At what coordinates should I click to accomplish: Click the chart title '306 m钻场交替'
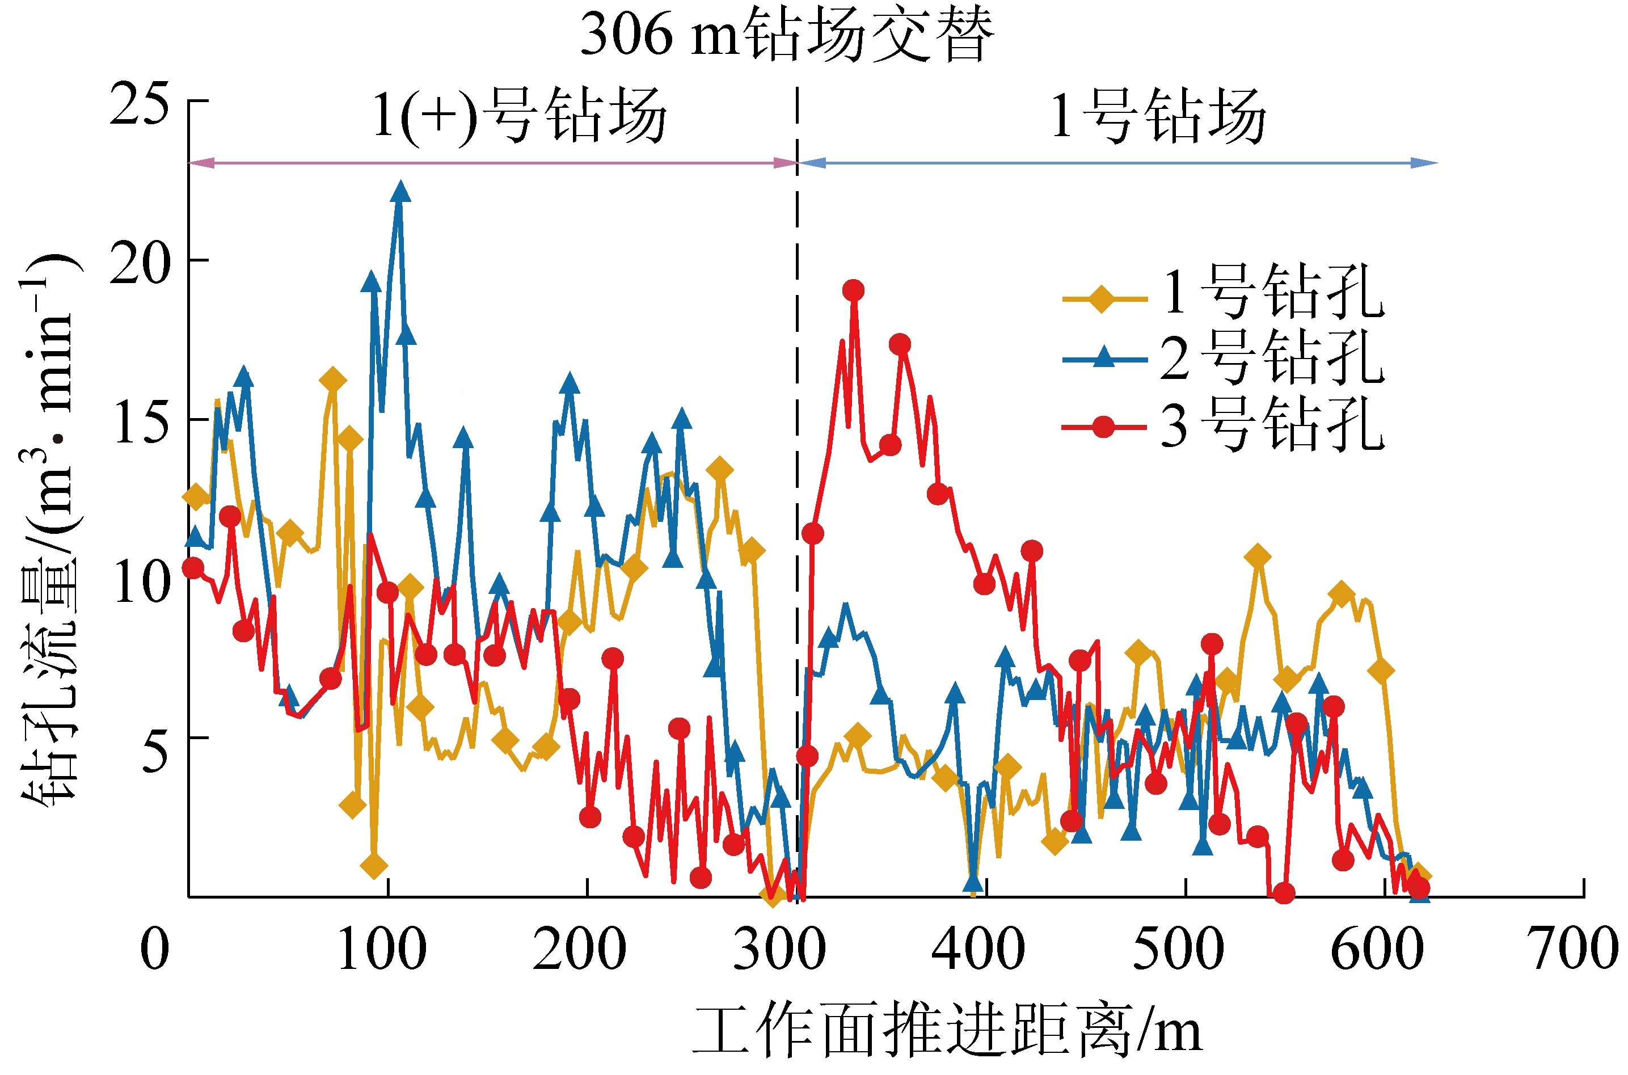point(786,34)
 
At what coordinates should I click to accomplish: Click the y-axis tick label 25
point(139,103)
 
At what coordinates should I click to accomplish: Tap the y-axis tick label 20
point(139,262)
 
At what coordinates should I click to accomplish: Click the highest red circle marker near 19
point(853,290)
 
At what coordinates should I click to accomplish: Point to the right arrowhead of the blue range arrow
point(1426,163)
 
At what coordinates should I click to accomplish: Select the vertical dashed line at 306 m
point(797,480)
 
